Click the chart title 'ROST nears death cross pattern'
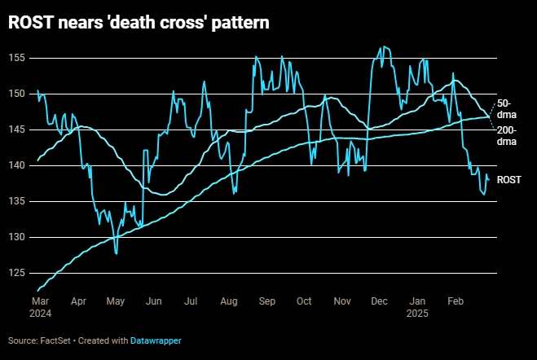(x=139, y=24)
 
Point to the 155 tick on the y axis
(x=17, y=58)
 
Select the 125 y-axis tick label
(x=17, y=273)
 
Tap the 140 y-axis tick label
(x=17, y=165)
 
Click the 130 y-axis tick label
(x=17, y=237)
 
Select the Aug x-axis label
(x=228, y=301)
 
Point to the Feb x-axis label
(x=455, y=301)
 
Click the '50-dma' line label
(x=505, y=108)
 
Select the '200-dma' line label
(x=507, y=136)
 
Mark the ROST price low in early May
(x=117, y=253)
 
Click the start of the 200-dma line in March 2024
(x=38, y=290)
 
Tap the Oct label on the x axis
(x=304, y=301)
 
